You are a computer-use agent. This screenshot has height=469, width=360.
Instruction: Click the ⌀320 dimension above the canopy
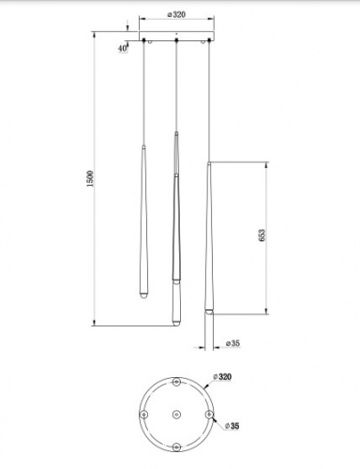coord(176,14)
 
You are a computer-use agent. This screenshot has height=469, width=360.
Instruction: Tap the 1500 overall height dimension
coord(90,179)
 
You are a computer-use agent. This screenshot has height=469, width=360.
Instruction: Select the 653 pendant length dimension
coord(262,235)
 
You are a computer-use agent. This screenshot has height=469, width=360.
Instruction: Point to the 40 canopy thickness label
coord(123,49)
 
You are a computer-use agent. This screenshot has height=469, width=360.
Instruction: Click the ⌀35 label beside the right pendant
coord(232,343)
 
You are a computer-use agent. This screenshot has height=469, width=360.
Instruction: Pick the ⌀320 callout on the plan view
coord(222,377)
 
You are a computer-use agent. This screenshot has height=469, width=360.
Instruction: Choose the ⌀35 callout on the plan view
coord(232,426)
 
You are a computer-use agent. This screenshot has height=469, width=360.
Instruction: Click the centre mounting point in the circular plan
coord(176,415)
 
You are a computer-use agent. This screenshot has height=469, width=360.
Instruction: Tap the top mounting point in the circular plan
coord(176,382)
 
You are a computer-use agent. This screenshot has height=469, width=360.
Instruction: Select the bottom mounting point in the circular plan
coord(176,446)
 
